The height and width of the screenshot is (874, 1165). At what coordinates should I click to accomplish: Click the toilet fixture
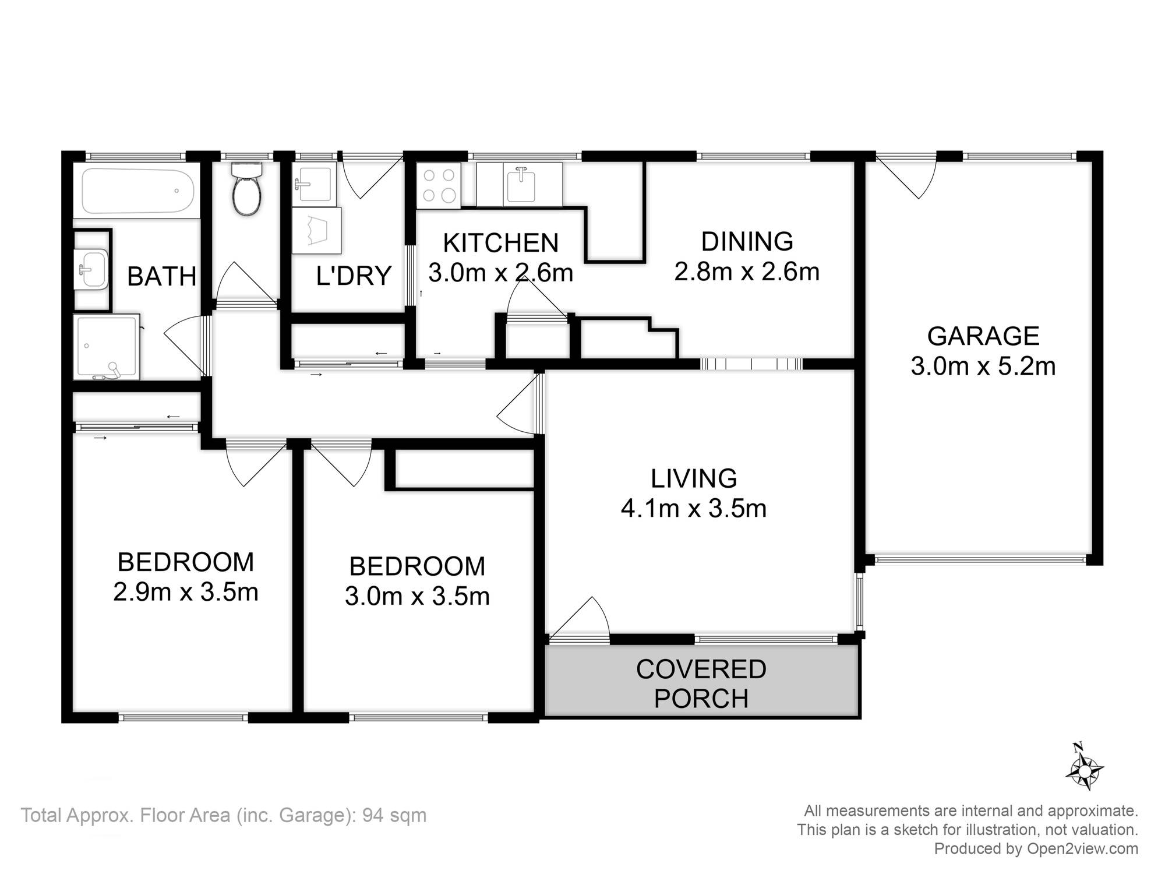coord(247,189)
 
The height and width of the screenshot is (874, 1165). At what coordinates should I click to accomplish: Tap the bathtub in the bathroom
coord(138,191)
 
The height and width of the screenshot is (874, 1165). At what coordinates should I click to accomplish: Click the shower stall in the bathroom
coord(107,347)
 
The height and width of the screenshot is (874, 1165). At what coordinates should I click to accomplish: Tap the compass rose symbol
coord(1084,767)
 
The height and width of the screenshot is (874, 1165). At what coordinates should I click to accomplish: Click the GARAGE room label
coord(983,336)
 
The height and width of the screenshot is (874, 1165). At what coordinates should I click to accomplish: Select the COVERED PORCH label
coord(701,684)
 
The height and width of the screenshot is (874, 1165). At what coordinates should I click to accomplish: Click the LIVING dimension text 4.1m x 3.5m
coord(693,509)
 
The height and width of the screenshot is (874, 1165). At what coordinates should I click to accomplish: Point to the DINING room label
coord(747,241)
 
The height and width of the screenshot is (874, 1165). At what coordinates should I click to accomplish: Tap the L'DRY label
coord(354,276)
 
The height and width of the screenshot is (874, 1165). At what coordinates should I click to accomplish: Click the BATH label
coord(162,277)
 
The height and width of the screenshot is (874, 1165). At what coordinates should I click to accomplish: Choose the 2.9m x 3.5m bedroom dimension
coord(186,593)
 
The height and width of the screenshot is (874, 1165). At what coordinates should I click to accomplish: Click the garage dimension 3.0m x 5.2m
coord(983,366)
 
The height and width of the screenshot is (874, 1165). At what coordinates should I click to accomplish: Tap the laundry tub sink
coord(314,184)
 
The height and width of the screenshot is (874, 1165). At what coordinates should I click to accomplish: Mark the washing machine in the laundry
coord(316,230)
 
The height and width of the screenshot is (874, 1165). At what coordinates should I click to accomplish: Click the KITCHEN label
coord(501,243)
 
